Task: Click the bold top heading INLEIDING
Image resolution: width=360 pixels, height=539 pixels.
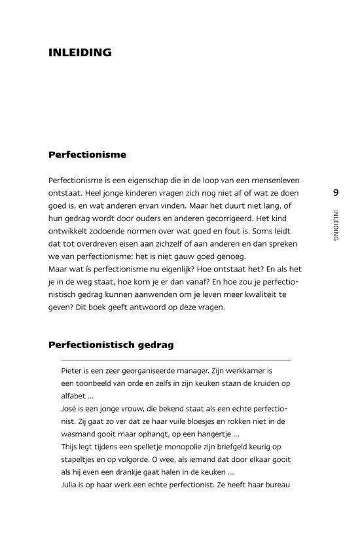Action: point(80,52)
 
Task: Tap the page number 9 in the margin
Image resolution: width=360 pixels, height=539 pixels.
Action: point(336,192)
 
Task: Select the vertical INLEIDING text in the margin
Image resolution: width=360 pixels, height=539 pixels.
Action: point(336,225)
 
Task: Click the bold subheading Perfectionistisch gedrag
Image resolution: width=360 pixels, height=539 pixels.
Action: point(111,344)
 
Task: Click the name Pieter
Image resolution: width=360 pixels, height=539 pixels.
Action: point(73,370)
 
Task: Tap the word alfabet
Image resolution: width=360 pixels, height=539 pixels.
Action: point(75,396)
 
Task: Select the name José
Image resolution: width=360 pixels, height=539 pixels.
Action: point(70,409)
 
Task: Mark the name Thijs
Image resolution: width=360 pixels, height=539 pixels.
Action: point(72,447)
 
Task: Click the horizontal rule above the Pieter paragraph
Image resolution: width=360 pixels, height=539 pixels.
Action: point(177,360)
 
